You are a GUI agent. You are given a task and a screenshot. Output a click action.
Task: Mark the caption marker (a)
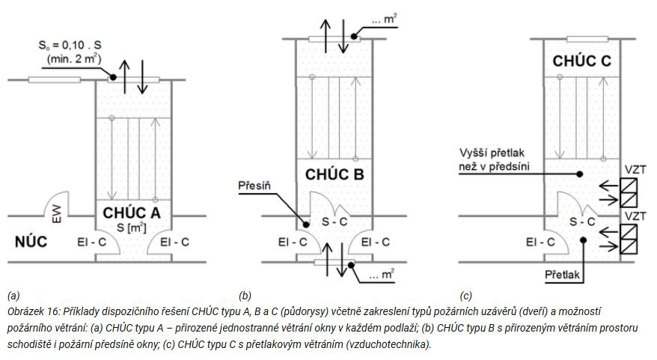click(x=10, y=296)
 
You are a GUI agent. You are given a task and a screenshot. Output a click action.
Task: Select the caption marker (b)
click(x=245, y=296)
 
